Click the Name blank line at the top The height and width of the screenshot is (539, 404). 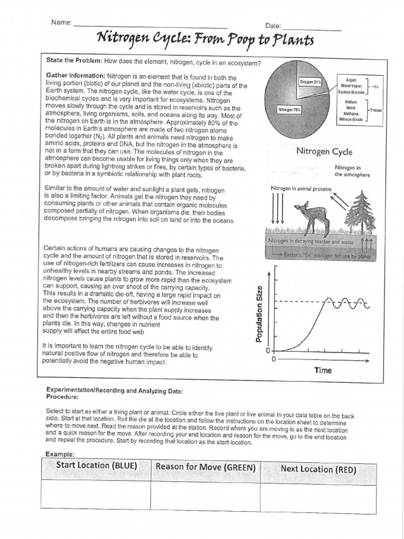click(x=150, y=26)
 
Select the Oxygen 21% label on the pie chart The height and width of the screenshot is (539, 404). click(x=310, y=82)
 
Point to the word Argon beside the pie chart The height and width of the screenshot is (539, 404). click(x=351, y=79)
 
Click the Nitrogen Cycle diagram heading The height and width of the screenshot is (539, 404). click(x=324, y=152)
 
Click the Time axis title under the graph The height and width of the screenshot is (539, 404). click(x=323, y=370)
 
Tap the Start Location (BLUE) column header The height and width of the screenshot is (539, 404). click(x=96, y=465)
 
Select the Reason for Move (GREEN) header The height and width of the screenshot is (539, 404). click(x=206, y=467)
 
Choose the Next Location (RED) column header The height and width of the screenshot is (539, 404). click(x=318, y=469)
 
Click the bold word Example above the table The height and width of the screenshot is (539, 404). click(x=59, y=453)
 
